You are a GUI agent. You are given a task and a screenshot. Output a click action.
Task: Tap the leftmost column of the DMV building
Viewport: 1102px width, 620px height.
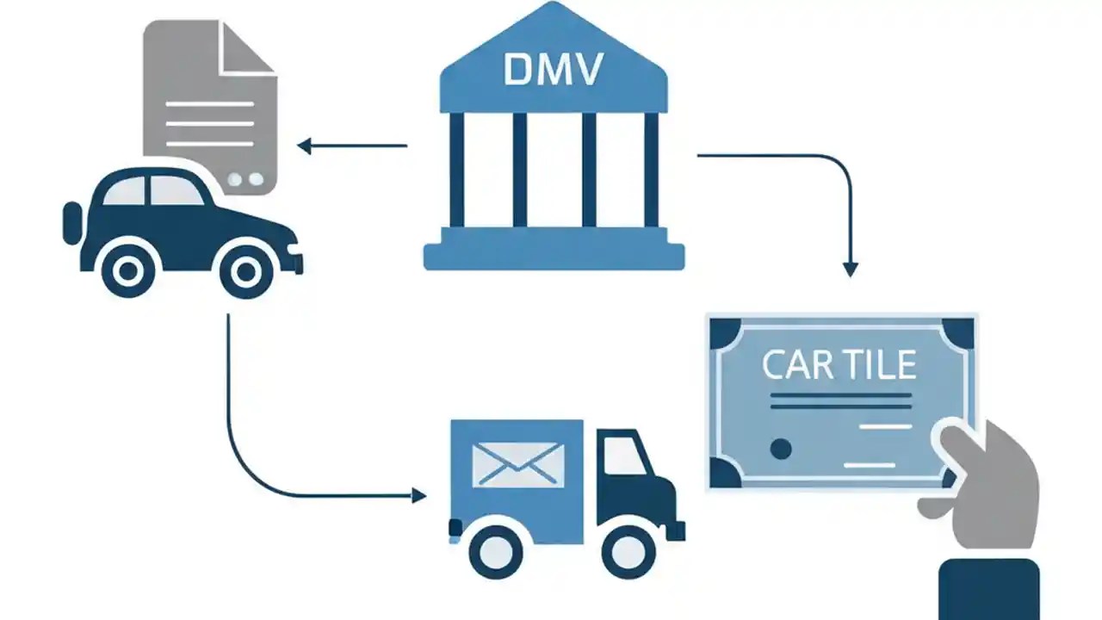tap(456, 170)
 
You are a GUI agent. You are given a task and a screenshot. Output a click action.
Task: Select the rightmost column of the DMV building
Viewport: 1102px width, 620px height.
tap(651, 170)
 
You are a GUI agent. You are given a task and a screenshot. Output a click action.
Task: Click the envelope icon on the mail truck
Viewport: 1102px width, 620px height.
tap(517, 465)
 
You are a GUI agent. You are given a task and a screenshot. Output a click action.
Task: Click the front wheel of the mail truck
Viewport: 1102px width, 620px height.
tap(628, 550)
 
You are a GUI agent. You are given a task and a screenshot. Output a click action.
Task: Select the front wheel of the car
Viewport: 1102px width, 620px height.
tap(245, 272)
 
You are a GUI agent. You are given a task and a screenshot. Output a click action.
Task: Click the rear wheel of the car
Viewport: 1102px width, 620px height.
tap(127, 271)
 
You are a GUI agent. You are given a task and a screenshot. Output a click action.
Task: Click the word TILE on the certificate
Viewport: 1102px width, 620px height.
tap(879, 365)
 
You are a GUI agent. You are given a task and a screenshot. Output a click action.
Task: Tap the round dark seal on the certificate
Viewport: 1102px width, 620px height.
tap(781, 449)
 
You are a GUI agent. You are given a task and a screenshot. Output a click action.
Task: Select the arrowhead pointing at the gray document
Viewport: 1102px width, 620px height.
tap(303, 146)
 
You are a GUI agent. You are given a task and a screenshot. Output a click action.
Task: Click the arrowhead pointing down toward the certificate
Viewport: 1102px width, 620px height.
tap(850, 270)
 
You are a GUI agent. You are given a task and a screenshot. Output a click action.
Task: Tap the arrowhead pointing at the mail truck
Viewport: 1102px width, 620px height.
tap(419, 495)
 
